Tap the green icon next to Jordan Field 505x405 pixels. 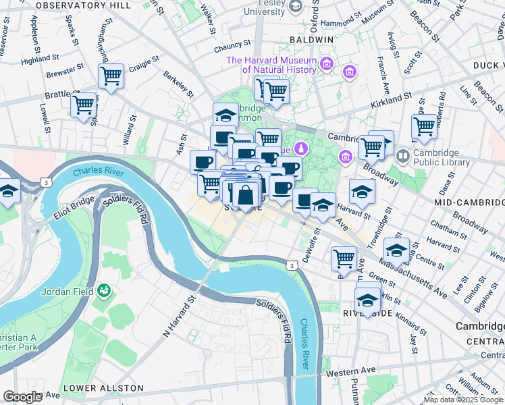[104, 291]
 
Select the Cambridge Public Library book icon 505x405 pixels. [403, 156]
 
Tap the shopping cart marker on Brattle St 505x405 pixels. [83, 106]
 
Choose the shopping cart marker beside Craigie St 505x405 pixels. [111, 76]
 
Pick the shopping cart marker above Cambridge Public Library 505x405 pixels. [424, 126]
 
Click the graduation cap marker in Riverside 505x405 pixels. [367, 300]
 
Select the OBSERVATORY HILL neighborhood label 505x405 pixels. [83, 5]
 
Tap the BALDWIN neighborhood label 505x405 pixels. [311, 40]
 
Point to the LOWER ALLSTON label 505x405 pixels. [103, 388]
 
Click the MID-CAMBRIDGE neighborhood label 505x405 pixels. [470, 202]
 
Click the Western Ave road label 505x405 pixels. [350, 371]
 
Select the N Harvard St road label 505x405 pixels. [179, 314]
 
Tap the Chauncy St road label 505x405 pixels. [232, 45]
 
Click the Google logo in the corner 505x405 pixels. [22, 397]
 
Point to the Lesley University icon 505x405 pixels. [295, 6]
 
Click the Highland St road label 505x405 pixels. [36, 60]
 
